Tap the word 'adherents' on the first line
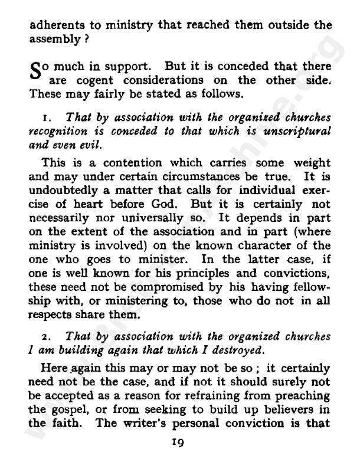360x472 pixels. click(x=54, y=25)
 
